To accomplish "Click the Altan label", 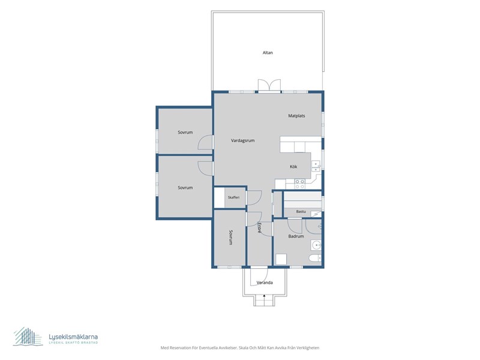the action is pos(268,53).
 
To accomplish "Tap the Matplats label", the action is pos(296,116).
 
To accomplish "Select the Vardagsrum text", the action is pos(243,140).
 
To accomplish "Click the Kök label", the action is pos(293,167).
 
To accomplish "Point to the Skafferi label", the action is pos(233,197).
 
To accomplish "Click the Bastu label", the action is pos(301,212).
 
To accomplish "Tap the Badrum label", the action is pos(296,236).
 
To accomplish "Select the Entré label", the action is pos(259,228).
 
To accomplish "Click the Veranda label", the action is pos(265,283).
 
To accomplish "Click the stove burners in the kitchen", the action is pos(299,184).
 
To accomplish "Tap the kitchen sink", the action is pos(316,166).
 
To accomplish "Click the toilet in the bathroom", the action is pos(315,259).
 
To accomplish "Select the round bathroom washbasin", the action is pos(316,245).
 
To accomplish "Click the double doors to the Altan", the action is pos(269,85).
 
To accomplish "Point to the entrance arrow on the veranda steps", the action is pos(264,296).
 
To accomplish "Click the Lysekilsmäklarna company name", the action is pos(73,337).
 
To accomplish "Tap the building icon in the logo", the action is pos(28,336).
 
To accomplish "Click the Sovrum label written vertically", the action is pos(231,238).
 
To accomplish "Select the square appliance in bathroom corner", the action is pos(281,259).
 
